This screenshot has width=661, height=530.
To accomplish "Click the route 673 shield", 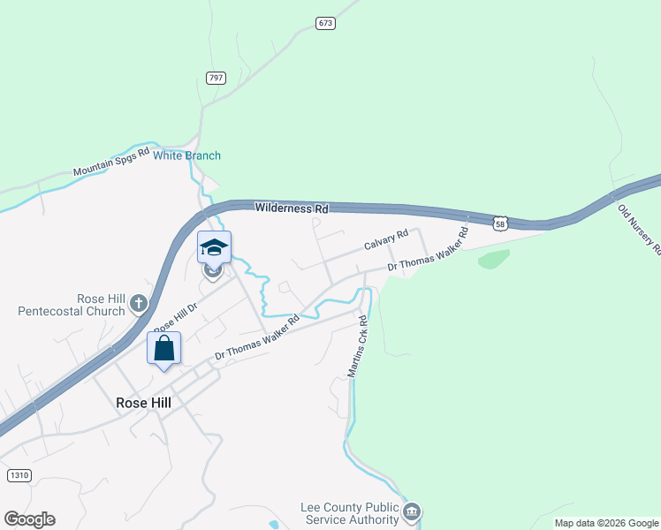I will [x=326, y=23].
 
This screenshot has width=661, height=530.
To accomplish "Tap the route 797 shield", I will [x=216, y=78].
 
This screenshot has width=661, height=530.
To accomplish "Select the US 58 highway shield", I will [x=501, y=225].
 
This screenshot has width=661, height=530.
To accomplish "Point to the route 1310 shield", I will [x=19, y=475].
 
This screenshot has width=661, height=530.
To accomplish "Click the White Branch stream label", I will [x=187, y=156].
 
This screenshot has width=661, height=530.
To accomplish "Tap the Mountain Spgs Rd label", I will [x=112, y=163].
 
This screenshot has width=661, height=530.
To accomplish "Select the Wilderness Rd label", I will [x=292, y=208].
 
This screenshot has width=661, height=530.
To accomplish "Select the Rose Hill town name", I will [x=143, y=402].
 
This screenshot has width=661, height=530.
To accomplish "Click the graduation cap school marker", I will [x=214, y=247].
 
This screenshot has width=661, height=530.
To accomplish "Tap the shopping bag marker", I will [x=163, y=348].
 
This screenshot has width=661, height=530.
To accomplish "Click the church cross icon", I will [x=138, y=304].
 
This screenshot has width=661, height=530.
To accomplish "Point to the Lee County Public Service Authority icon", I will [x=412, y=512].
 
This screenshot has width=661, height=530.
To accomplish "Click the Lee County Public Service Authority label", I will [x=350, y=513].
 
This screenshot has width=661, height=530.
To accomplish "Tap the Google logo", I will [x=29, y=519].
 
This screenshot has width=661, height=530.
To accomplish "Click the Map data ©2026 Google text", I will [x=607, y=523].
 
